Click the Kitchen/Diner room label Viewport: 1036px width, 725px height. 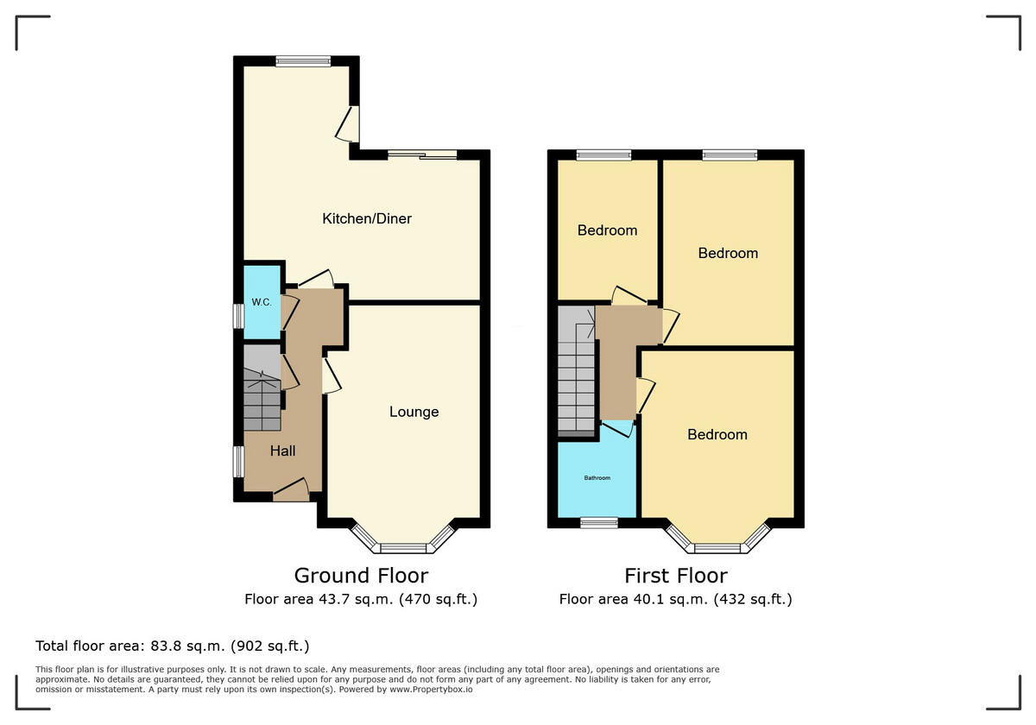[367, 218]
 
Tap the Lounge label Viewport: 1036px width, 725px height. [414, 412]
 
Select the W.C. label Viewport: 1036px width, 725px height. [262, 302]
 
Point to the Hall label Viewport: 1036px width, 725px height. [282, 451]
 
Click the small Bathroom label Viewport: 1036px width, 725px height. [597, 477]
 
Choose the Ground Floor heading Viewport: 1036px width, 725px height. [361, 576]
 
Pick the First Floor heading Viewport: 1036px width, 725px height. [676, 576]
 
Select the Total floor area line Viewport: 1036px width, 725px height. [173, 646]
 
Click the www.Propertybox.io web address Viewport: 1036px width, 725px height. [431, 690]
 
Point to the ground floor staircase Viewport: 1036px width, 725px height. [262, 388]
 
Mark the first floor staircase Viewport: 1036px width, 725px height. [577, 371]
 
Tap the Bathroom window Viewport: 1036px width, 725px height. [599, 523]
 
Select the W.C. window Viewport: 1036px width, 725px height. [238, 316]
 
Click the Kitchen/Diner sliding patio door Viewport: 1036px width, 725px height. [422, 154]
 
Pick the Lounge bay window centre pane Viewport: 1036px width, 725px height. [403, 548]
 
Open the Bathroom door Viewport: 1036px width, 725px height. [618, 429]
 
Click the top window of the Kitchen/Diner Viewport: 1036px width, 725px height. [303, 61]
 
